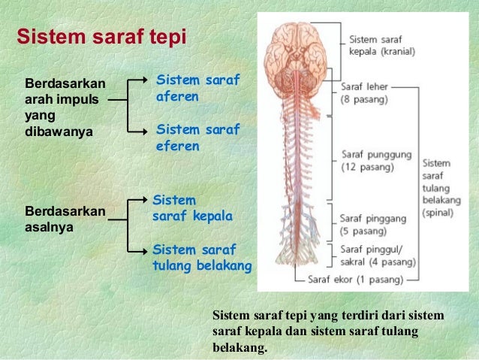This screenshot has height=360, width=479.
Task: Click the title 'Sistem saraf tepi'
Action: click(101, 37)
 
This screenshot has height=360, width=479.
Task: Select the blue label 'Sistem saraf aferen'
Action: click(197, 88)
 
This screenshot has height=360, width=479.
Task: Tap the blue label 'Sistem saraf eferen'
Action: click(197, 138)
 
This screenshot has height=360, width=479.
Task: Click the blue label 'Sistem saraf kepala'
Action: click(192, 208)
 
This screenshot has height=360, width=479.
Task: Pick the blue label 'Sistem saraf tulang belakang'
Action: click(201, 257)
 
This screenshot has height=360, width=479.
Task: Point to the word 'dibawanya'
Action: click(59, 132)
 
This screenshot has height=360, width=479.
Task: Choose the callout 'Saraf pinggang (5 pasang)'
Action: click(373, 224)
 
